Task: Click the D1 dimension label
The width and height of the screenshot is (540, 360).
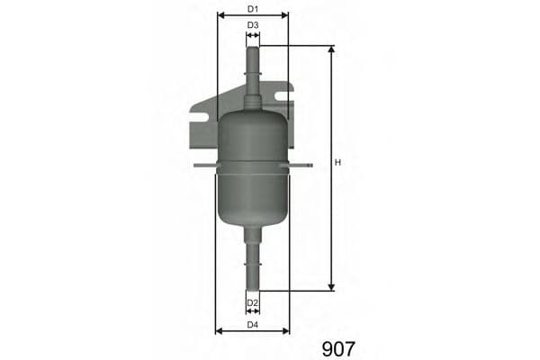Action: (253, 9)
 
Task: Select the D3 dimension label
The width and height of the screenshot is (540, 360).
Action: (253, 25)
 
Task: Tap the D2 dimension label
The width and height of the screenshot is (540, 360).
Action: (253, 302)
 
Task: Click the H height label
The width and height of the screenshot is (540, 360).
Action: (338, 163)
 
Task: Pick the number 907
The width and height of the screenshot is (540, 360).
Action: (338, 347)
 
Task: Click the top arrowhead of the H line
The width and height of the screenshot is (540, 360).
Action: (331, 49)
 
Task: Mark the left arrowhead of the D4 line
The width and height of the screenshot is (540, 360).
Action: (219, 330)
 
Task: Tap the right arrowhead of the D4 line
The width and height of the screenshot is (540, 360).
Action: (287, 330)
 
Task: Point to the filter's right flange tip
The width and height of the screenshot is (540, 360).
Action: (310, 166)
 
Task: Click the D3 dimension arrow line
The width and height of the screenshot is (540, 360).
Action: (253, 36)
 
